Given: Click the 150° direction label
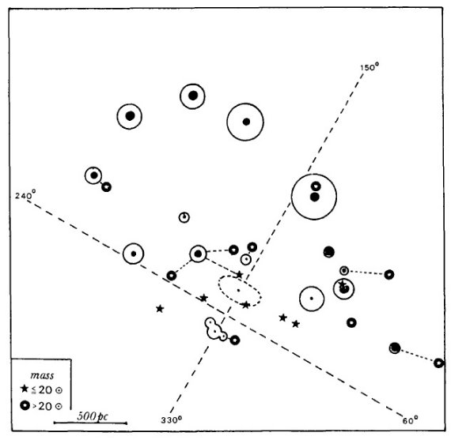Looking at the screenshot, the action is pos(370,67).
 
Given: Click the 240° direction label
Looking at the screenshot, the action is pos(25,195).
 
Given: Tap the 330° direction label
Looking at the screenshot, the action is pos(172,420).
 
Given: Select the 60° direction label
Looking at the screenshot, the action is pos(410,421).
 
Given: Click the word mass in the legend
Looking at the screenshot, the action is pos(42,375).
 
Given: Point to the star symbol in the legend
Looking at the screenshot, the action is pos(25,389).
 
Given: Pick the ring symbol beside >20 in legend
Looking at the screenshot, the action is pos(25,405).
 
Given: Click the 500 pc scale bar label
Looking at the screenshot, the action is pos(93,416).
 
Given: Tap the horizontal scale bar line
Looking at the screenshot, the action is pos(90,423).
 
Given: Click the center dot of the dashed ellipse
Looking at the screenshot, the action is pos(238,291).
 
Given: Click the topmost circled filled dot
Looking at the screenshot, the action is pos(192,84).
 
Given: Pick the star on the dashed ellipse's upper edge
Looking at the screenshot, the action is pos(239,275).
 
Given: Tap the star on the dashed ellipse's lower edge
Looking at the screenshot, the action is pos(245,305).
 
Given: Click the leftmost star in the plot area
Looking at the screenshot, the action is pos(160,309).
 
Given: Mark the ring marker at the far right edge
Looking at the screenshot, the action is pos(438,363).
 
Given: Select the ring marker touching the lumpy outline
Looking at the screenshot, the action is pos(235,340).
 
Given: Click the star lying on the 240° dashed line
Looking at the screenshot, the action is pos(203,298).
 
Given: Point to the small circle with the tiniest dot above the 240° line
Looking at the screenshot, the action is pos(184,212).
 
